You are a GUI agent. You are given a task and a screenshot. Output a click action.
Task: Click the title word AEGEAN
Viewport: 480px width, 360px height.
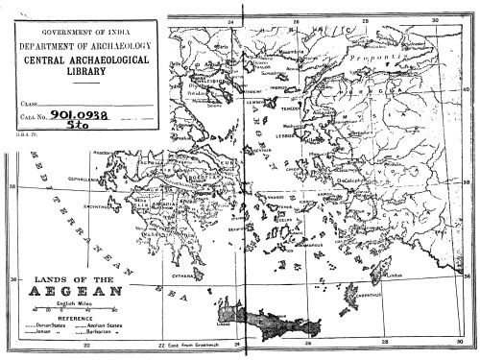coord(76,292)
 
